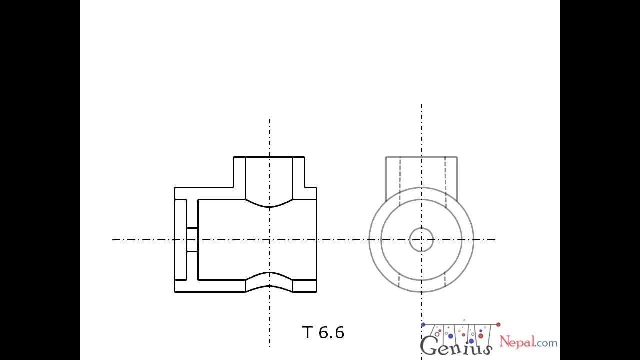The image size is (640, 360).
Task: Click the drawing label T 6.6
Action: click(323, 332)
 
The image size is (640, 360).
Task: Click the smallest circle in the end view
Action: click(421, 239)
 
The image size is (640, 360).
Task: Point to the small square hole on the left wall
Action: click(192, 240)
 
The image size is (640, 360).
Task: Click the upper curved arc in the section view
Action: click(270, 204)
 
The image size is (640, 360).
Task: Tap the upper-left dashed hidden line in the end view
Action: click(400, 181)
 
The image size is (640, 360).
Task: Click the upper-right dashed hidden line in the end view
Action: click(445, 181)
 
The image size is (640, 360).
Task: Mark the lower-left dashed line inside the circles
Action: click(399, 281)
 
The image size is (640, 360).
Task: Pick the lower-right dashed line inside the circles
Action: click(445, 281)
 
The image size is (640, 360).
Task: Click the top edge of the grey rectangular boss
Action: click(421, 157)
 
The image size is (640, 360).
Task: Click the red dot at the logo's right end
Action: click(498, 325)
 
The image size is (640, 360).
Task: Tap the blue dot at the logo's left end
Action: click(423, 325)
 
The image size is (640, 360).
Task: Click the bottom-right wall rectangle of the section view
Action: click(304, 286)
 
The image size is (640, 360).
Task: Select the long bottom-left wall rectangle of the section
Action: click(210, 286)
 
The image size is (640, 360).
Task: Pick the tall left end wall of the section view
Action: click(180, 240)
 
